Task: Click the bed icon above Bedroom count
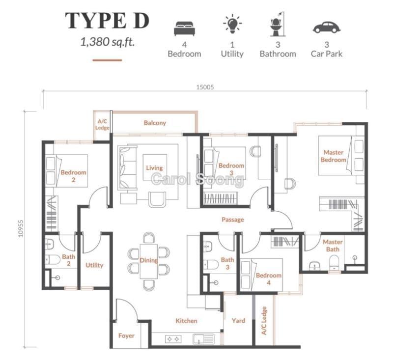point(184,28)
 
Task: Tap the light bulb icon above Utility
point(232,24)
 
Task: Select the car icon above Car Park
point(326,28)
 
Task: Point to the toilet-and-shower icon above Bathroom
point(278,24)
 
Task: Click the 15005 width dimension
point(205,87)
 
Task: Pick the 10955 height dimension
point(21,228)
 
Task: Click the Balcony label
point(155,123)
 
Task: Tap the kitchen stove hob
point(173,339)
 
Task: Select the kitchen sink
point(203,339)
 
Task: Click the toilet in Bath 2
point(53,260)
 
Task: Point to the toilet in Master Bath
point(334,263)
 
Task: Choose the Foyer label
point(126,335)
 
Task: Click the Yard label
point(238,321)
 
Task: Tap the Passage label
point(233,220)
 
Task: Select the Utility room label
point(94,265)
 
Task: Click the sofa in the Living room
point(127,167)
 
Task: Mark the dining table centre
point(149,261)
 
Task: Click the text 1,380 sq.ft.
point(107,42)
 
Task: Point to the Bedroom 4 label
point(269,279)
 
